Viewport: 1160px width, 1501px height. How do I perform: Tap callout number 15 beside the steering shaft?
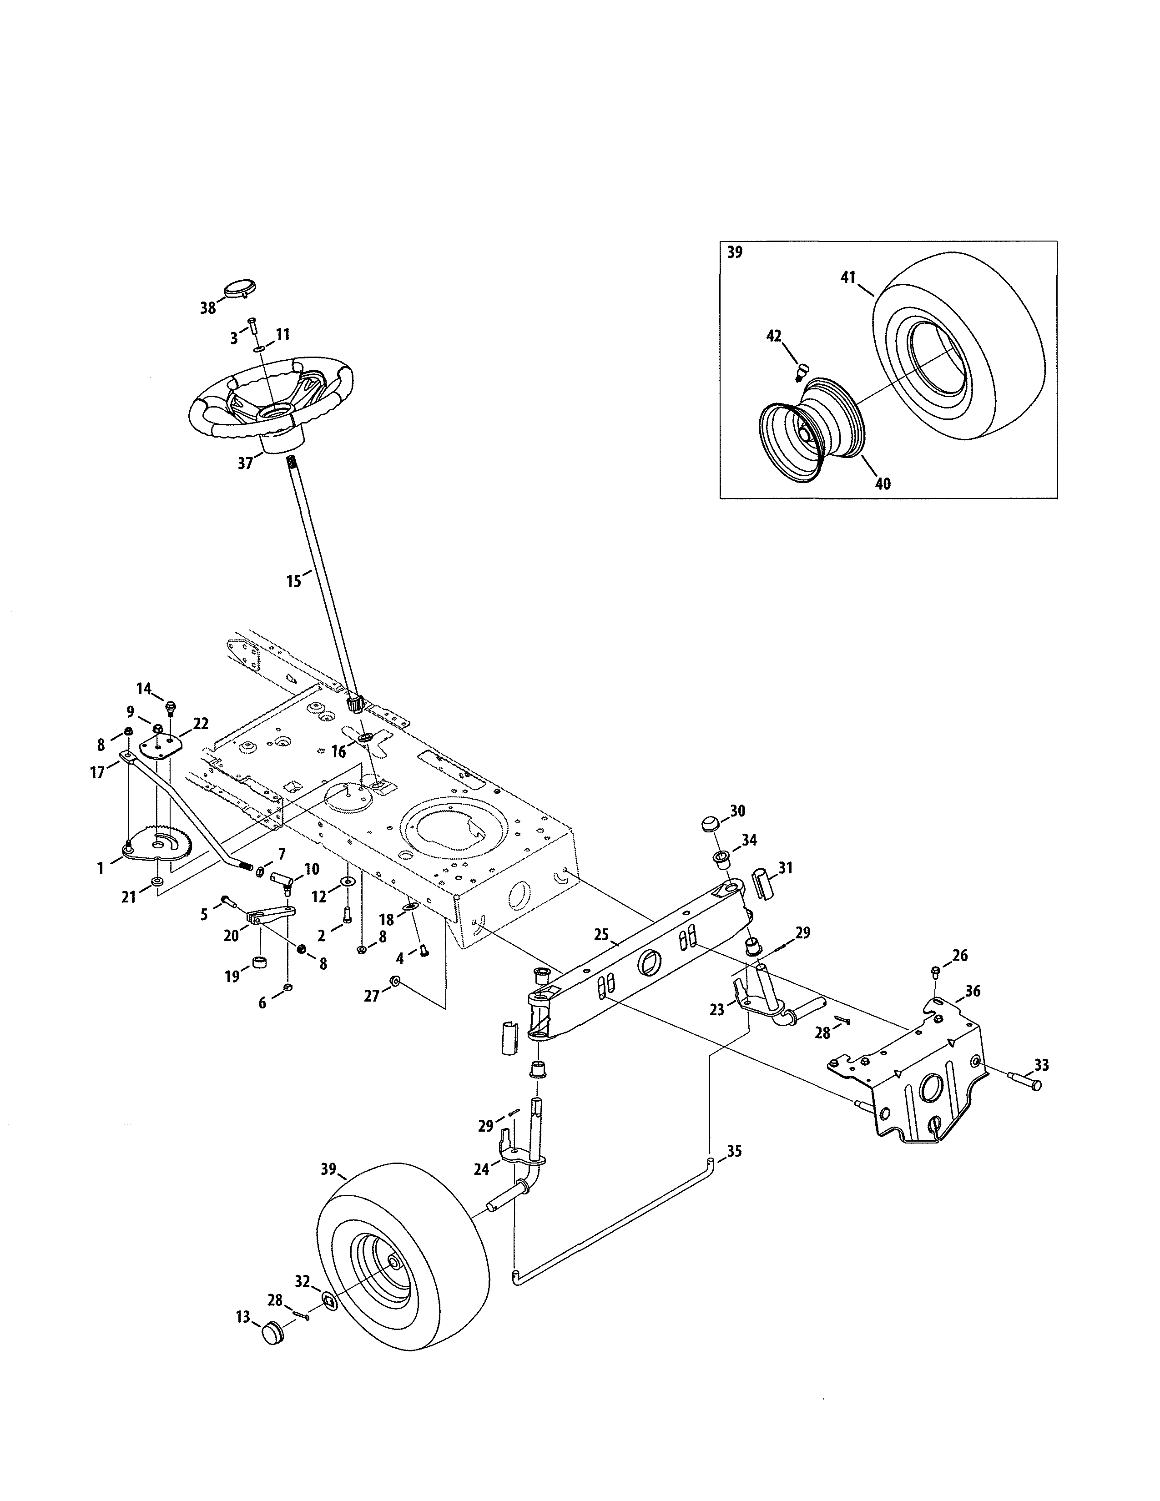click(293, 581)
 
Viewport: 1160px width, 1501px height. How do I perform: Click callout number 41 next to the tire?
click(847, 277)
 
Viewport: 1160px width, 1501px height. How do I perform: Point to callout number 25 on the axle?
click(601, 935)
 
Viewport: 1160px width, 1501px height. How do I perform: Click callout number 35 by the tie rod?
click(734, 1150)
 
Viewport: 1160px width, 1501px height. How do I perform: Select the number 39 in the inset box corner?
click(735, 252)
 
